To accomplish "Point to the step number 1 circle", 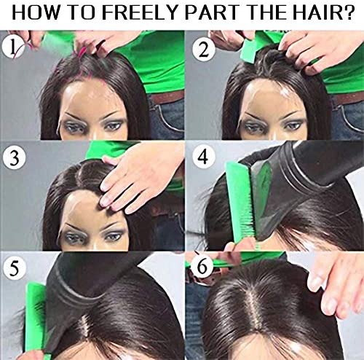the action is point(13,47).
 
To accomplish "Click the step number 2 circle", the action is point(204,50).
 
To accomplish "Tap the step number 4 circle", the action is point(203,157).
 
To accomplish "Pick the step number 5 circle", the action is point(14,267).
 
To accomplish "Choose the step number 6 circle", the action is point(202,265).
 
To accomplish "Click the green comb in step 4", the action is point(241,204).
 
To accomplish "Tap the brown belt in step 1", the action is point(167,98).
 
